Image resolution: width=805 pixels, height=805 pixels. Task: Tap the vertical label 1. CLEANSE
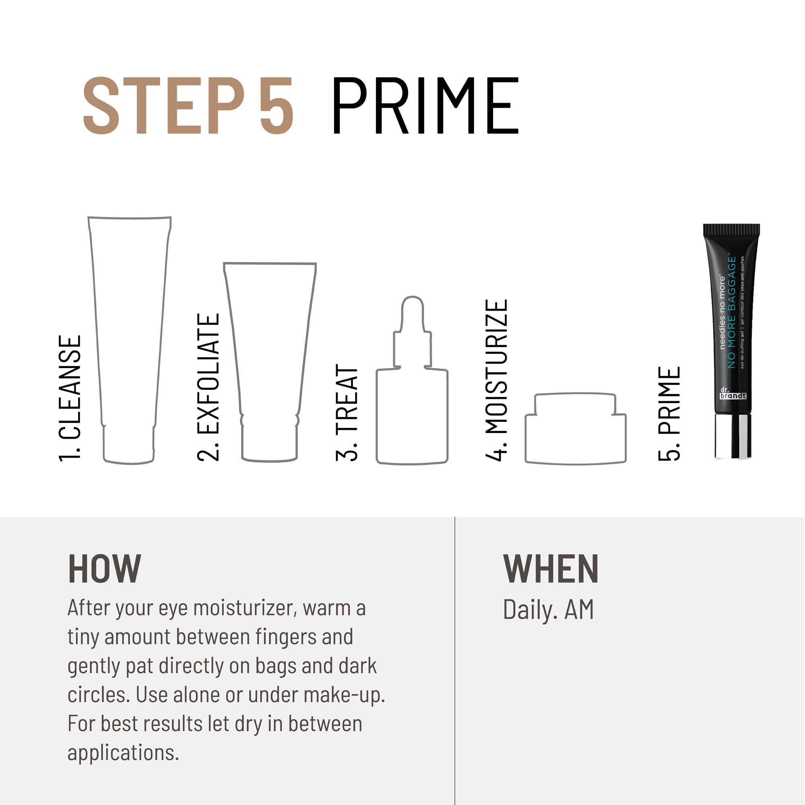[70, 398]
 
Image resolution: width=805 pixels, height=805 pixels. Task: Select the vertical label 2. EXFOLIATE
[208, 387]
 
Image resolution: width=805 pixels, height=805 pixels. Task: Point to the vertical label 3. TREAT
[347, 413]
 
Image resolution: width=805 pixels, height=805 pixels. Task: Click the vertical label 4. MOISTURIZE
[497, 380]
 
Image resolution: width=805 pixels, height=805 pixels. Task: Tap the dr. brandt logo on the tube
[733, 393]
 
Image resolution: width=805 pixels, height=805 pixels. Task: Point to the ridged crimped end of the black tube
[731, 229]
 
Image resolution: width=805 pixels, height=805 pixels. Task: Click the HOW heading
[105, 568]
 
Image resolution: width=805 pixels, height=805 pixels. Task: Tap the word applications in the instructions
[123, 753]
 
